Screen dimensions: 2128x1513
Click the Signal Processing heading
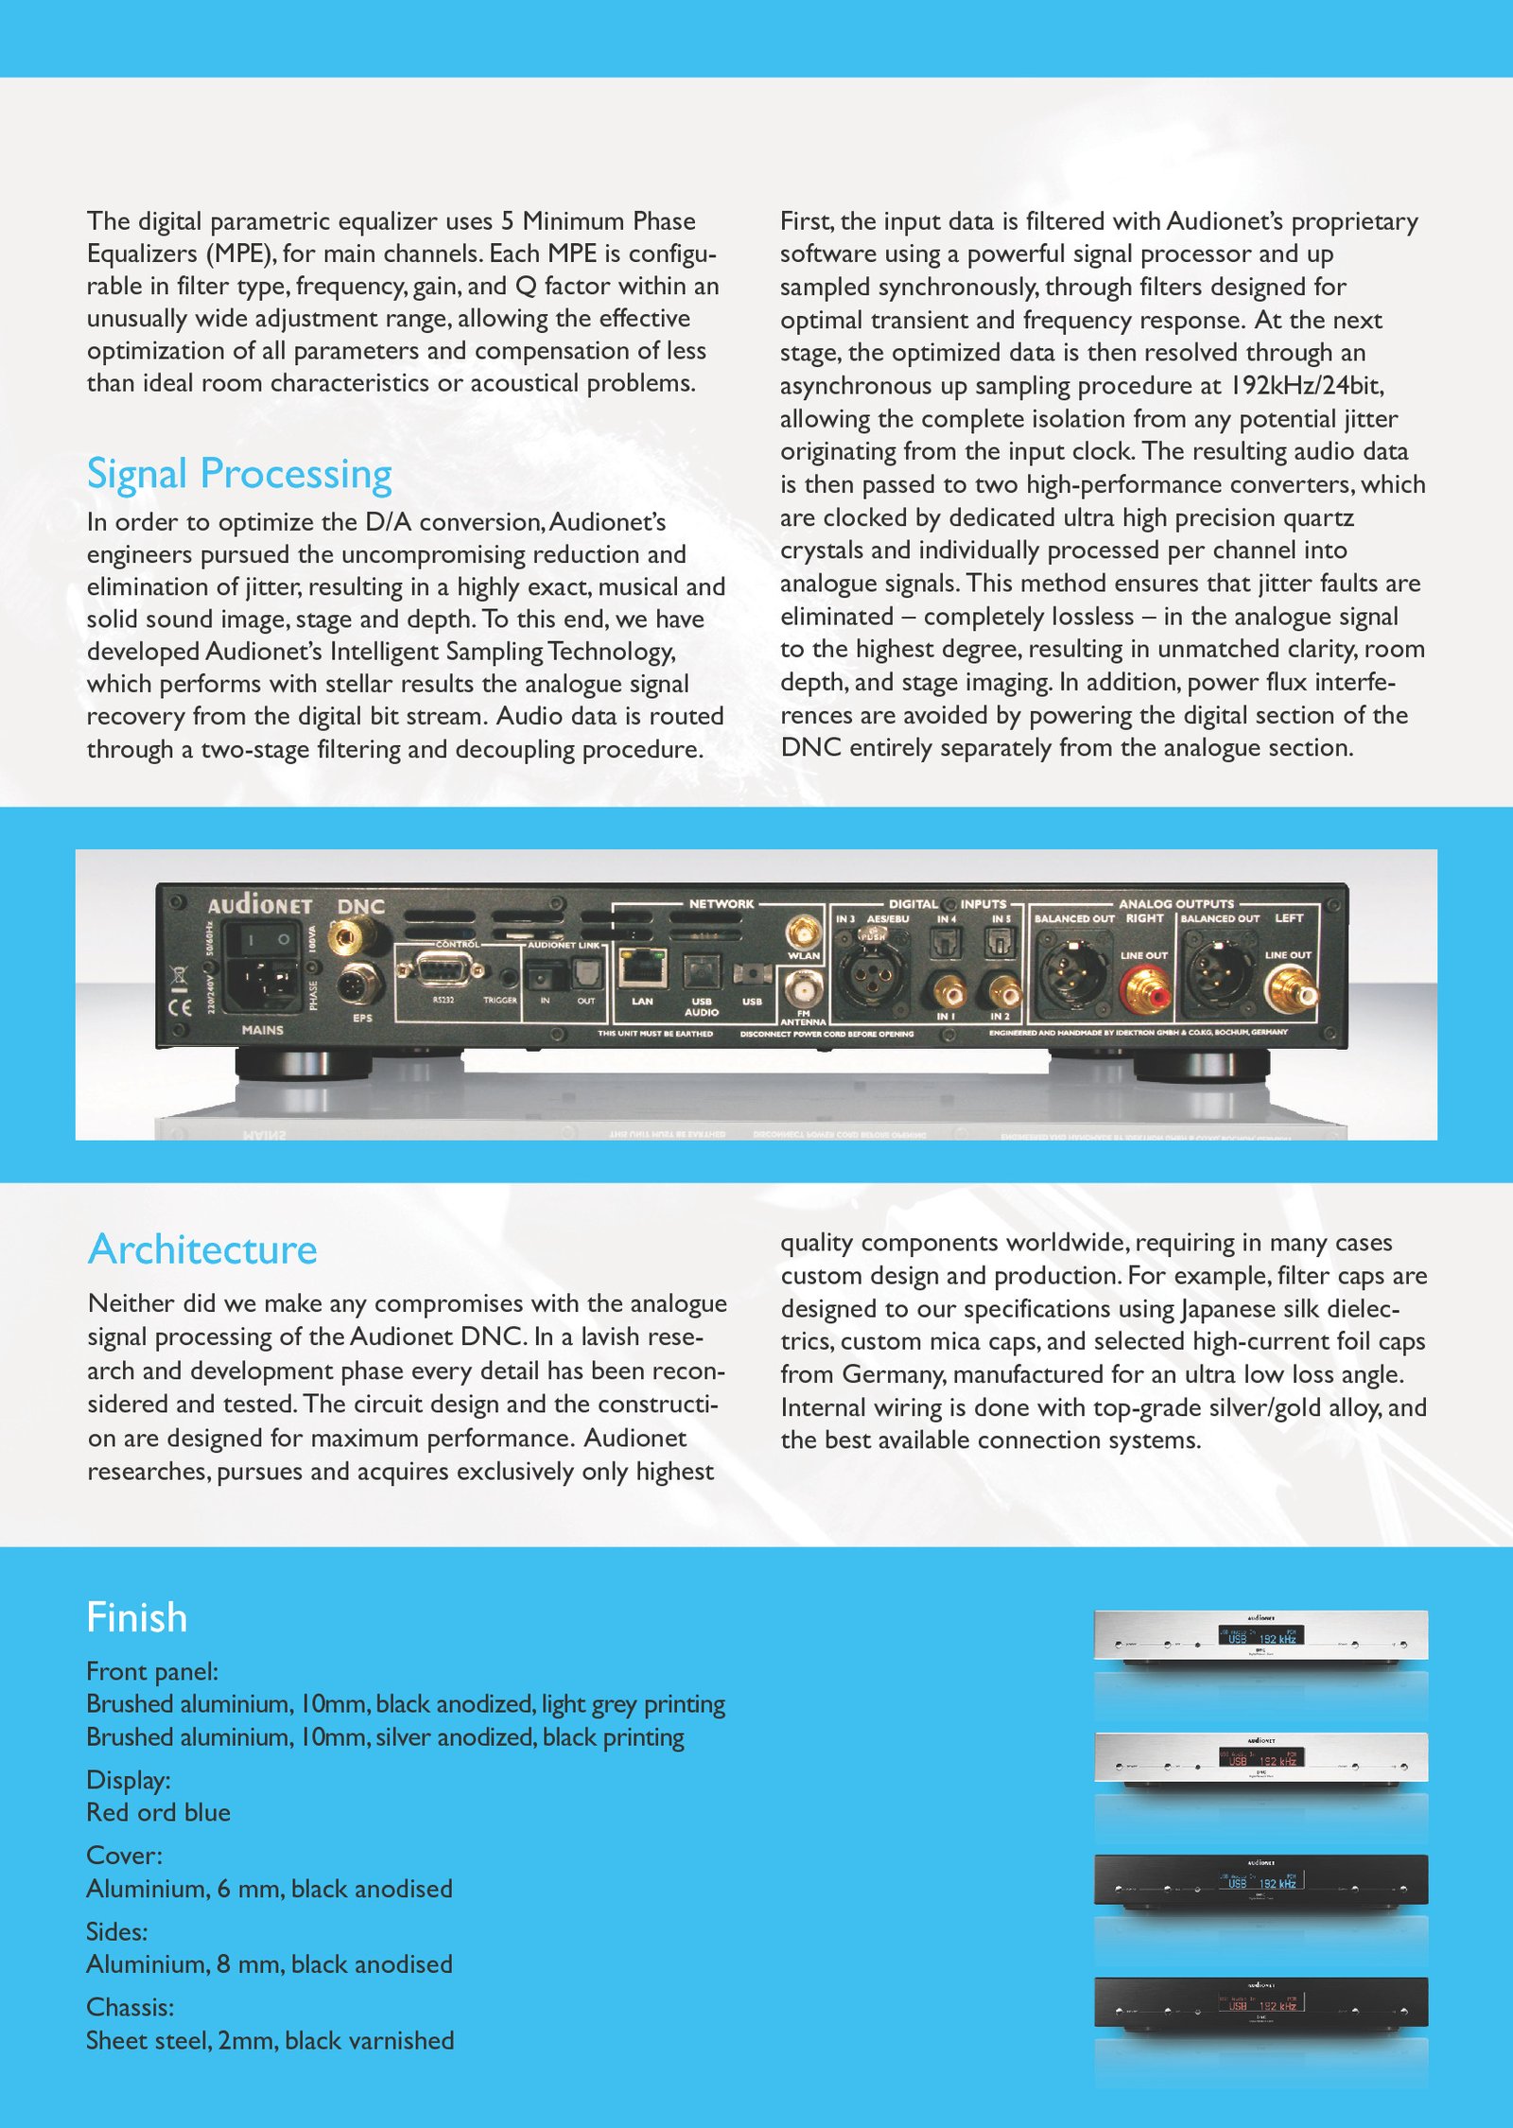(239, 474)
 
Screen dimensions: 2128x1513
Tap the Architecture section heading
(202, 1249)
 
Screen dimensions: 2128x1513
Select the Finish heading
(137, 1618)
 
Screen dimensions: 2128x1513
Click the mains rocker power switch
(268, 939)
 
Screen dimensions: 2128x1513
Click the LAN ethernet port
(643, 968)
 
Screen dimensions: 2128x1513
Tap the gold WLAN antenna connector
(804, 933)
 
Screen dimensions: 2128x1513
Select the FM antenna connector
(803, 990)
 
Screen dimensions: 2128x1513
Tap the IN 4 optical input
(947, 941)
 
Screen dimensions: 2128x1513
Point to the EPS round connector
(360, 984)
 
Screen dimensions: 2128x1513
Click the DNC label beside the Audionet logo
(361, 906)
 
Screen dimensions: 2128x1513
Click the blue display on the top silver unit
(1261, 1635)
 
